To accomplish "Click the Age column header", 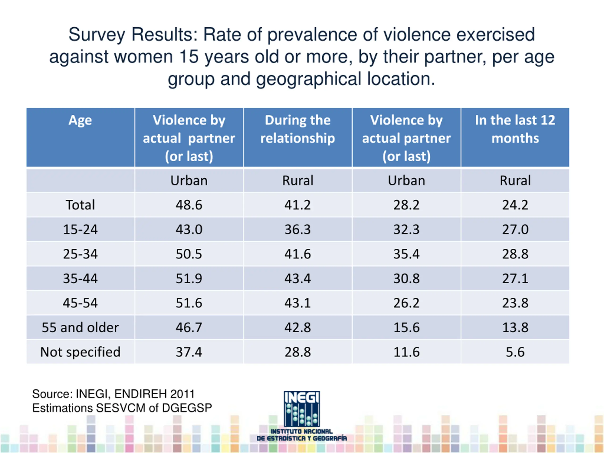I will pyautogui.click(x=80, y=120).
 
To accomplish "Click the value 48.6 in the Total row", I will pyautogui.click(x=189, y=205).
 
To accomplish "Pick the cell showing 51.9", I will pyautogui.click(x=189, y=278).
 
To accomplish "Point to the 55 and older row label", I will pyautogui.click(x=80, y=327).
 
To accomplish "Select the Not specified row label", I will pyautogui.click(x=80, y=352).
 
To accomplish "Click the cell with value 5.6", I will pyautogui.click(x=515, y=352).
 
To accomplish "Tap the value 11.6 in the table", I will pyautogui.click(x=406, y=352).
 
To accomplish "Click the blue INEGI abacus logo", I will pyautogui.click(x=302, y=409).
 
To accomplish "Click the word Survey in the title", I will pyautogui.click(x=97, y=35).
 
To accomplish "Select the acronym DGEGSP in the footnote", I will pyautogui.click(x=187, y=408).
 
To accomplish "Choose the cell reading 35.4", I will pyautogui.click(x=406, y=254).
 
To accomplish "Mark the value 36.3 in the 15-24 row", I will pyautogui.click(x=298, y=229).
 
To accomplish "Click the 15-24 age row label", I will pyautogui.click(x=80, y=229).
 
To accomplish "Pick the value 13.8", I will pyautogui.click(x=515, y=327).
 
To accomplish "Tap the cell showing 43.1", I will pyautogui.click(x=298, y=303).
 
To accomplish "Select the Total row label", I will pyautogui.click(x=80, y=205).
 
